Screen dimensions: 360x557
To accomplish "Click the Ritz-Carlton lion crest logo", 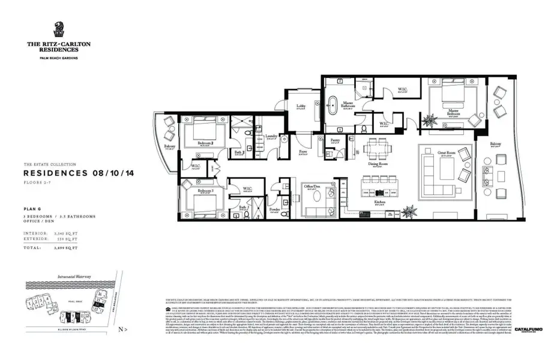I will coord(59,29).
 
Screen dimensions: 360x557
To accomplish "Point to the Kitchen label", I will coord(379,203).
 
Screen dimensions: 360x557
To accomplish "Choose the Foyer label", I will coord(303,152).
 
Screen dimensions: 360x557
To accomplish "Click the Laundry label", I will coord(271,136).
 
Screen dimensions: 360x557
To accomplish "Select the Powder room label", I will coord(274,209).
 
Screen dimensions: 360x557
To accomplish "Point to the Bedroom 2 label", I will coord(206,143).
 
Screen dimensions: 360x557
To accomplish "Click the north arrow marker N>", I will coord(122,329).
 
